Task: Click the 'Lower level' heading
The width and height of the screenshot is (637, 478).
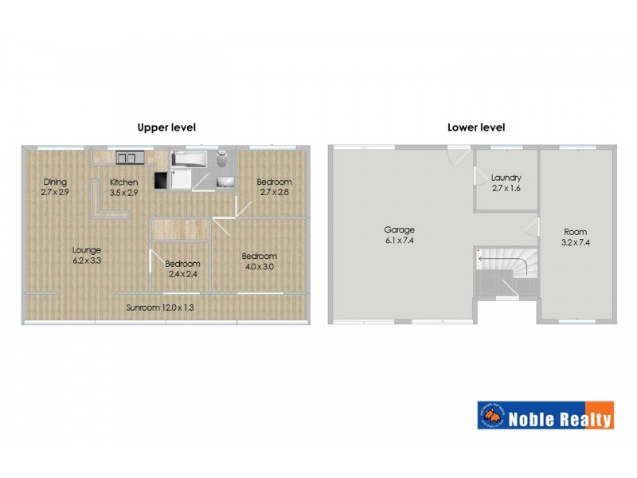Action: [476, 127]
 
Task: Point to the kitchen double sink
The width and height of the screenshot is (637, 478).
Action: [127, 156]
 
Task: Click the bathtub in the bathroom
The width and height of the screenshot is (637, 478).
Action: [188, 159]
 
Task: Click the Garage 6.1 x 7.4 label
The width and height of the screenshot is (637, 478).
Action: [401, 235]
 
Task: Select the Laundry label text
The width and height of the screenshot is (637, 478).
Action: [506, 182]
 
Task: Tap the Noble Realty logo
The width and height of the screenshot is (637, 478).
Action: [545, 415]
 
